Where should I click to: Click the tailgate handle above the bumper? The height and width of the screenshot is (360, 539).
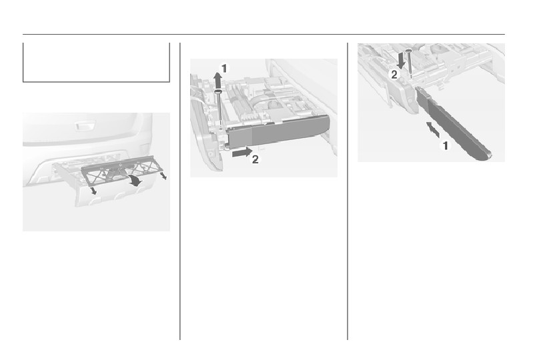[84, 126]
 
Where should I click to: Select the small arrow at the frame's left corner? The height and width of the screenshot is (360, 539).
[93, 191]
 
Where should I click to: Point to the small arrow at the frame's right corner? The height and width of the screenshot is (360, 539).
[163, 175]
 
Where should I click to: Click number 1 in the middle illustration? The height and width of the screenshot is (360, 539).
[224, 69]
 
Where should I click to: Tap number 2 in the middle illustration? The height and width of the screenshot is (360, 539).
[255, 160]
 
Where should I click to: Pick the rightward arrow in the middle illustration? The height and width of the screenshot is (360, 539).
[242, 152]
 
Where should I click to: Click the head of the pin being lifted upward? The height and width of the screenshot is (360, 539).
[218, 91]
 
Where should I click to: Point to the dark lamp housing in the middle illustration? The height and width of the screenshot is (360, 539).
[278, 131]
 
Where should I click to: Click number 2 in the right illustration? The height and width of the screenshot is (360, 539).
[394, 74]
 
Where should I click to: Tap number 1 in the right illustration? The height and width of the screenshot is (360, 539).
[446, 145]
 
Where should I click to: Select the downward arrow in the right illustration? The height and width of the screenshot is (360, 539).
[400, 60]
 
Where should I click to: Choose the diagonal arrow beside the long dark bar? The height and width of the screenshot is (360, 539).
[433, 129]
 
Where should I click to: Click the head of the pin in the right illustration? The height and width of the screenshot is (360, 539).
[408, 51]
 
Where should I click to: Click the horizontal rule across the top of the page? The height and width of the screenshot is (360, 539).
[263, 35]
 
